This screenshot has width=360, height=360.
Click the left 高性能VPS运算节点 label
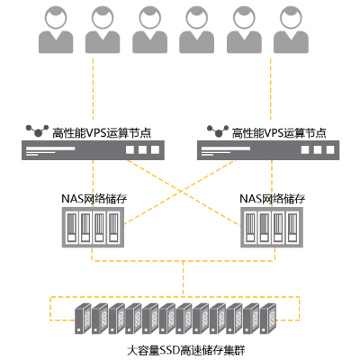click(x=102, y=133)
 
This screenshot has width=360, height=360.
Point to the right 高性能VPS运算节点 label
click(x=279, y=133)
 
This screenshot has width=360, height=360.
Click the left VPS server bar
click(x=93, y=150)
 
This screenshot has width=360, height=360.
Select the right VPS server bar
click(x=268, y=150)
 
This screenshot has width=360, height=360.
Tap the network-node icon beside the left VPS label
click(x=37, y=131)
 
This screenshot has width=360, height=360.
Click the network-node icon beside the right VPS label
click(x=218, y=131)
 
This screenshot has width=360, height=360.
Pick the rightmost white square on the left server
click(x=155, y=149)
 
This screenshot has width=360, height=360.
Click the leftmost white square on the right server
click(x=305, y=149)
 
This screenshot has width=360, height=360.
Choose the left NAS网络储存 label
click(x=94, y=199)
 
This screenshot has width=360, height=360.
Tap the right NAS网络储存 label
click(x=273, y=199)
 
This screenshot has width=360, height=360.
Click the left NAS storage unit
click(x=93, y=228)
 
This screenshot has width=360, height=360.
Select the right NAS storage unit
click(x=272, y=228)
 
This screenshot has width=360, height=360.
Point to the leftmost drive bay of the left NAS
click(x=71, y=228)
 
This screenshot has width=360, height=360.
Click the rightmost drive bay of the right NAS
click(x=292, y=228)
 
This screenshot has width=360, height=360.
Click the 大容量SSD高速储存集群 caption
click(x=186, y=350)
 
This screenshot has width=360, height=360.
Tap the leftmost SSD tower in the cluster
click(x=83, y=319)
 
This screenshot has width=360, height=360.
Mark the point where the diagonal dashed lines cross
click(x=182, y=191)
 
